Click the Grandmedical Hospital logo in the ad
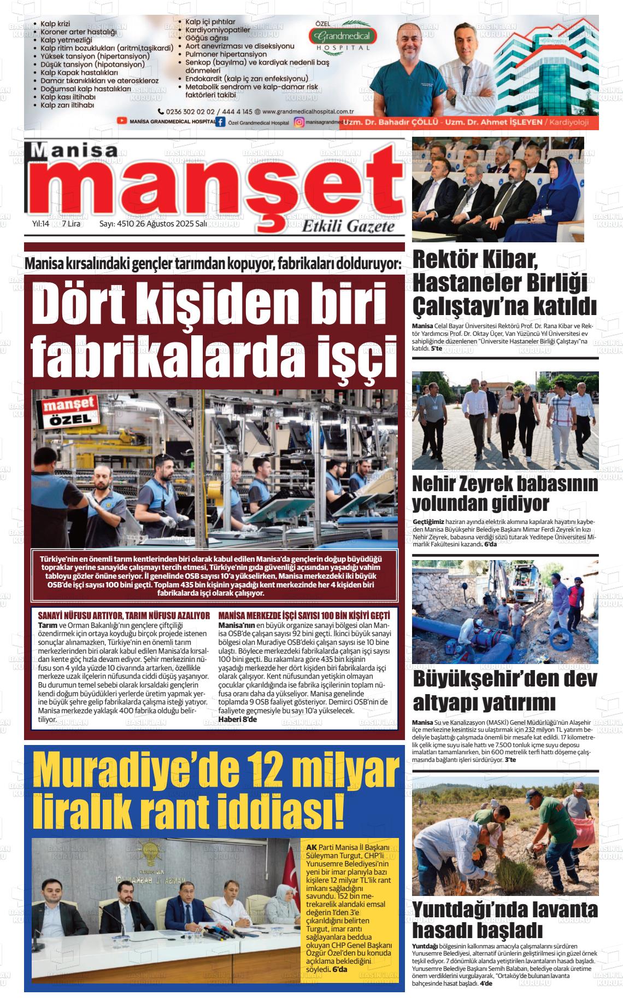342,37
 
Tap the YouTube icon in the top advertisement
121,121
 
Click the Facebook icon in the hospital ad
220,122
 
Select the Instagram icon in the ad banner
299,123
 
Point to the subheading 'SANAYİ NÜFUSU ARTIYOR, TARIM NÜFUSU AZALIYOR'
124,615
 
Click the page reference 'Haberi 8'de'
237,719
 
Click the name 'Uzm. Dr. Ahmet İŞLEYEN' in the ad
493,123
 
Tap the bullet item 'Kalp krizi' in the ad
56,24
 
